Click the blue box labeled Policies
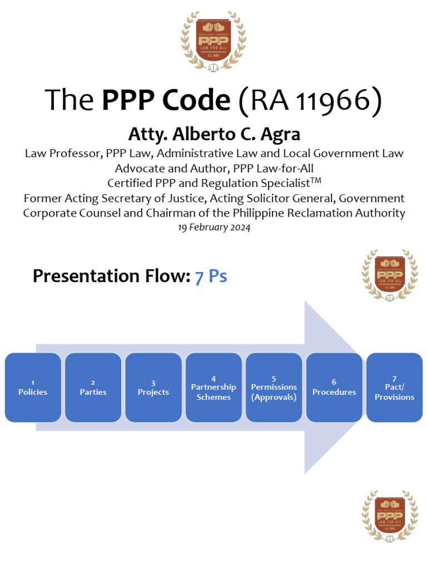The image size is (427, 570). [x=33, y=387]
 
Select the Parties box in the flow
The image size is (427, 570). [x=93, y=387]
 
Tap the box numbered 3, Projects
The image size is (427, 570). [x=153, y=387]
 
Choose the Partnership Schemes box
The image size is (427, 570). [x=213, y=387]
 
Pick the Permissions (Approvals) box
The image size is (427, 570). [x=274, y=387]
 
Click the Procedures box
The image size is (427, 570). [x=334, y=387]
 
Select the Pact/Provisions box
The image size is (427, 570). [x=394, y=387]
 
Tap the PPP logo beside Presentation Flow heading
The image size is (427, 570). [x=389, y=274]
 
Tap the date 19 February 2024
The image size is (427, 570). [x=213, y=228]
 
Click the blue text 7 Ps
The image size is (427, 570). [x=211, y=276]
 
